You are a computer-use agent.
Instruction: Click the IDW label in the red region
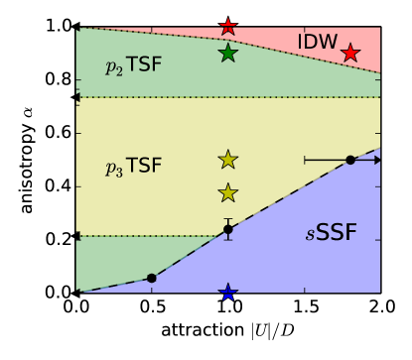(x=318, y=43)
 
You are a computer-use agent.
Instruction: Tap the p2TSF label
(x=133, y=66)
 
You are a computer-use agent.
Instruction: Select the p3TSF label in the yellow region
(x=133, y=168)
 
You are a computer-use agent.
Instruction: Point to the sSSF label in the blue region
(x=332, y=235)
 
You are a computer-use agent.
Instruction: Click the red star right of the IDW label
(x=350, y=53)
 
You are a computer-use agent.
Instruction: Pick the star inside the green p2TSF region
(x=228, y=53)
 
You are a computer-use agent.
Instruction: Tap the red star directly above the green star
(x=228, y=27)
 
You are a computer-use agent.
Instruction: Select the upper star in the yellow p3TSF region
(x=228, y=160)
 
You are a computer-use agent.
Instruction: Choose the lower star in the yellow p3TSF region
(x=228, y=193)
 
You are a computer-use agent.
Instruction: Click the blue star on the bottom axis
(x=228, y=292)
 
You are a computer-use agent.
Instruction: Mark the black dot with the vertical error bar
(x=228, y=229)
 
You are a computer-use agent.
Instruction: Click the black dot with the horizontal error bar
(x=350, y=160)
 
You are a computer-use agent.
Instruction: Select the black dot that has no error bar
(x=152, y=279)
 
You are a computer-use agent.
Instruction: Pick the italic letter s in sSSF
(x=310, y=237)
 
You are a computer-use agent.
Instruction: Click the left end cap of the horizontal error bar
(x=305, y=160)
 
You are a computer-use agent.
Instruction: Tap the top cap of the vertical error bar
(x=228, y=219)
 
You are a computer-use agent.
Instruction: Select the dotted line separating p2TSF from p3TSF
(x=228, y=97)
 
